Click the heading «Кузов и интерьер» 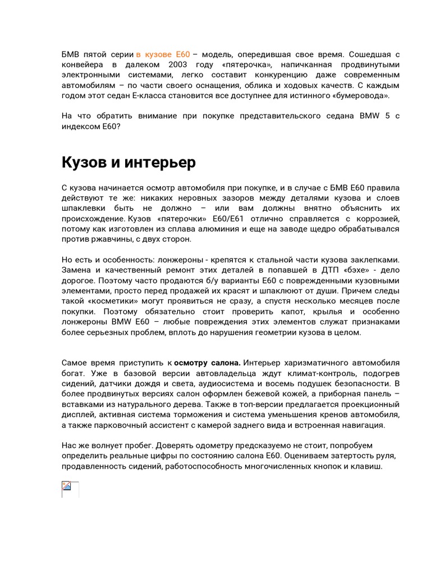coord(129,163)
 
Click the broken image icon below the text coord(67,487)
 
